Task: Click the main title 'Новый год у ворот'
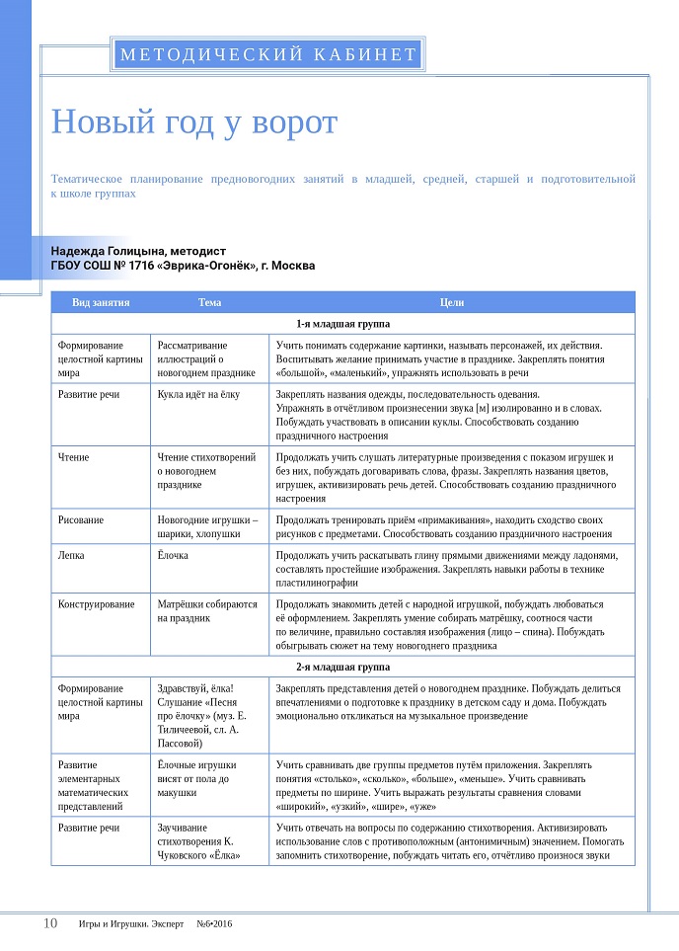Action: (x=193, y=122)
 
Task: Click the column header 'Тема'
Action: (x=209, y=302)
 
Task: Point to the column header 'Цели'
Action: (x=452, y=302)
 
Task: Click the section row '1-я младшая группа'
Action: (x=342, y=324)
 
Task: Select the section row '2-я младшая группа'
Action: (x=342, y=668)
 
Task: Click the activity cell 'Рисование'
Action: (x=81, y=519)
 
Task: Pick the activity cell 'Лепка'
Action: (x=73, y=556)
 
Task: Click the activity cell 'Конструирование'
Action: (x=96, y=604)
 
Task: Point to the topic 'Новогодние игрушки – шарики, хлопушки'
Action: (x=207, y=526)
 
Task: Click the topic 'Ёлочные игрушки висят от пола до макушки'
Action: (x=196, y=778)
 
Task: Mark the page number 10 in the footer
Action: (x=49, y=923)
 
